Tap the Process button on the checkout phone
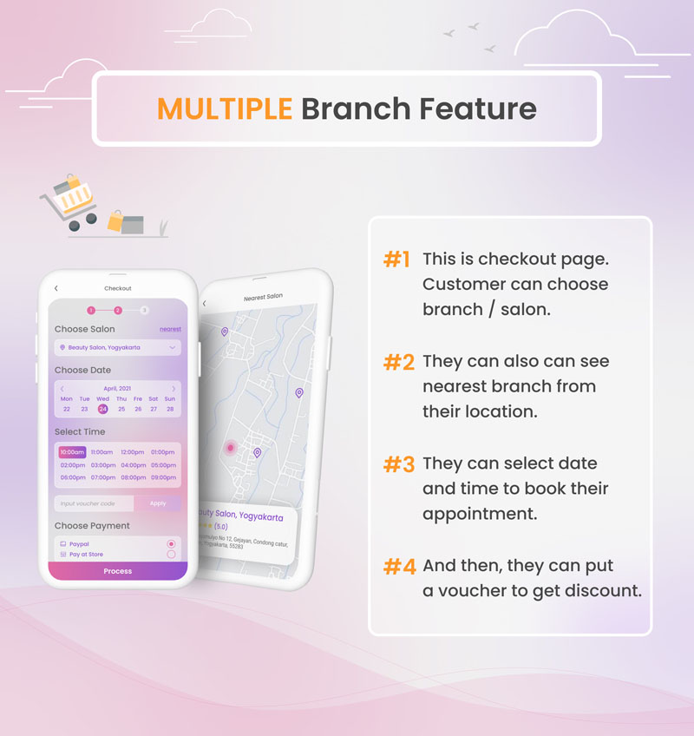point(117,571)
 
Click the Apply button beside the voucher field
point(157,503)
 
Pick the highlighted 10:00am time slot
point(72,452)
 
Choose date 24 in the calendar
point(102,409)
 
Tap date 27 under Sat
point(154,409)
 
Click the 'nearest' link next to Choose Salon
point(170,330)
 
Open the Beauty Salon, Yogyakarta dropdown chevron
point(173,348)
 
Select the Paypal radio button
point(171,544)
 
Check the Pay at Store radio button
point(171,555)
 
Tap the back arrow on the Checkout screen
point(56,288)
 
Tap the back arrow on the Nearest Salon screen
point(205,304)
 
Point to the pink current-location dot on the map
point(230,448)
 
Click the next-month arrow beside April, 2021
point(173,388)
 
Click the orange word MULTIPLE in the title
point(225,109)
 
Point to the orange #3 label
point(398,464)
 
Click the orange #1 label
point(396,260)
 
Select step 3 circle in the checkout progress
point(144,310)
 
